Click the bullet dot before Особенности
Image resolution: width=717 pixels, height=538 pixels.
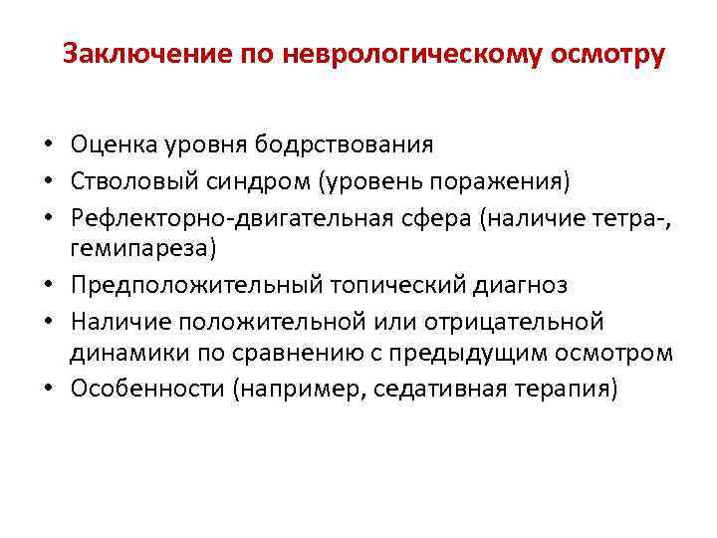point(48,390)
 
